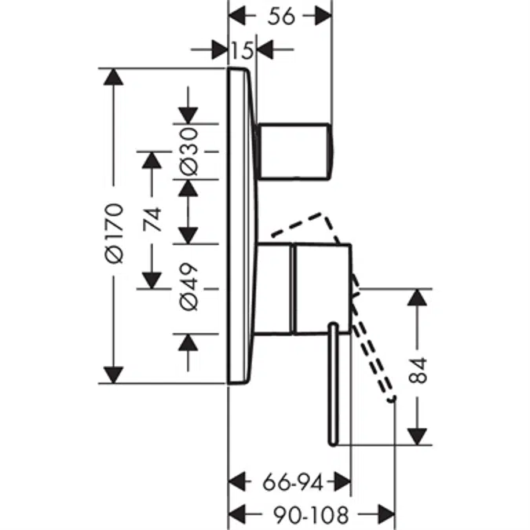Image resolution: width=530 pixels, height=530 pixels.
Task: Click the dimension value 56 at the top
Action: [x=281, y=16]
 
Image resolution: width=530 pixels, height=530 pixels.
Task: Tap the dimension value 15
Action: [x=243, y=50]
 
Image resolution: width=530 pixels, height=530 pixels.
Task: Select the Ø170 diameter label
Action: [x=114, y=233]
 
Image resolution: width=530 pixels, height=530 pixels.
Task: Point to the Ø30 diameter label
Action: [x=188, y=152]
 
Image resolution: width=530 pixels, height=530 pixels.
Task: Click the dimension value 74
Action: [x=152, y=219]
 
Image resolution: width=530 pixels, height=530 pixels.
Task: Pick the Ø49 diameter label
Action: [x=188, y=287]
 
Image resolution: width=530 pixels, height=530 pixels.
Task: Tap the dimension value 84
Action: [x=418, y=371]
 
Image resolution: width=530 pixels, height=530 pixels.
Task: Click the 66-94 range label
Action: [x=293, y=482]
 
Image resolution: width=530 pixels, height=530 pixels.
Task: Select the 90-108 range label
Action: [x=311, y=515]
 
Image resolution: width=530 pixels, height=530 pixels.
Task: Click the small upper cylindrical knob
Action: [x=294, y=151]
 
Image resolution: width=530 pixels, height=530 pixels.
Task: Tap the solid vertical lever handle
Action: [x=333, y=385]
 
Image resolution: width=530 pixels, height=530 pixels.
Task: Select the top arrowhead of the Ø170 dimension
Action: [x=113, y=77]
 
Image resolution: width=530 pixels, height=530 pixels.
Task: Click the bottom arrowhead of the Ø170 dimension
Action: [x=113, y=375]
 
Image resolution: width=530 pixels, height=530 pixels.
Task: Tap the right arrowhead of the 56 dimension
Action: [x=323, y=16]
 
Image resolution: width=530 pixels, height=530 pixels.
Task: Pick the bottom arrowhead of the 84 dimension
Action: [x=418, y=437]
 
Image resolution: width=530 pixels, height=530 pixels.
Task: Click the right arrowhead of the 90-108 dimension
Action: [x=386, y=515]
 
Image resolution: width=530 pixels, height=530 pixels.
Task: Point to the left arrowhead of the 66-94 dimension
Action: [x=237, y=482]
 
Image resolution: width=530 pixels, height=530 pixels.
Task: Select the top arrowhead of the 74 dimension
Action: [x=152, y=160]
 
